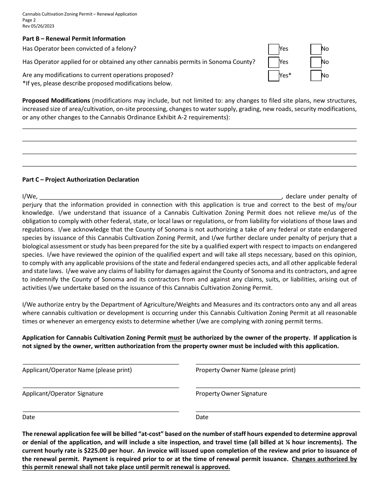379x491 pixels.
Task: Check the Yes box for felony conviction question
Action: pos(274,49)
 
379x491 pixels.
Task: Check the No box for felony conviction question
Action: pos(316,49)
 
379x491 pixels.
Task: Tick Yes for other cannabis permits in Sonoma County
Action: pos(274,62)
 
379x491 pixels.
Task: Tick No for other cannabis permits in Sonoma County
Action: pos(316,62)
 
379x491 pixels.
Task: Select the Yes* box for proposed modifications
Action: pos(274,75)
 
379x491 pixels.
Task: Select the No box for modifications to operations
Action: pos(316,75)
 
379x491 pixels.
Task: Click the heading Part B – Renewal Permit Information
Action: pos(74,39)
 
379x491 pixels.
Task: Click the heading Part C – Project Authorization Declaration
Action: pos(81,180)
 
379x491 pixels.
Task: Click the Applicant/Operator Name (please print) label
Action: pos(77,370)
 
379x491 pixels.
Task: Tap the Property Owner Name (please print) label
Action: pos(245,370)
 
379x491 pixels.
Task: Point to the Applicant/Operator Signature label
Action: pos(63,394)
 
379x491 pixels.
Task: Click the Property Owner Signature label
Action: pos(231,394)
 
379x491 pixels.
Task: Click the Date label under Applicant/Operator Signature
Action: pos(29,417)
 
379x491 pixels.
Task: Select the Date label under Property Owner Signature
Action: pos(202,417)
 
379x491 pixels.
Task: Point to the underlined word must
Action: pos(175,338)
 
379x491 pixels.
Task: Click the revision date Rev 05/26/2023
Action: pos(38,26)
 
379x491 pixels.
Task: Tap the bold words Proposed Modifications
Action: pos(56,101)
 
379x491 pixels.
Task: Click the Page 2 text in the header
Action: pos(29,20)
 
